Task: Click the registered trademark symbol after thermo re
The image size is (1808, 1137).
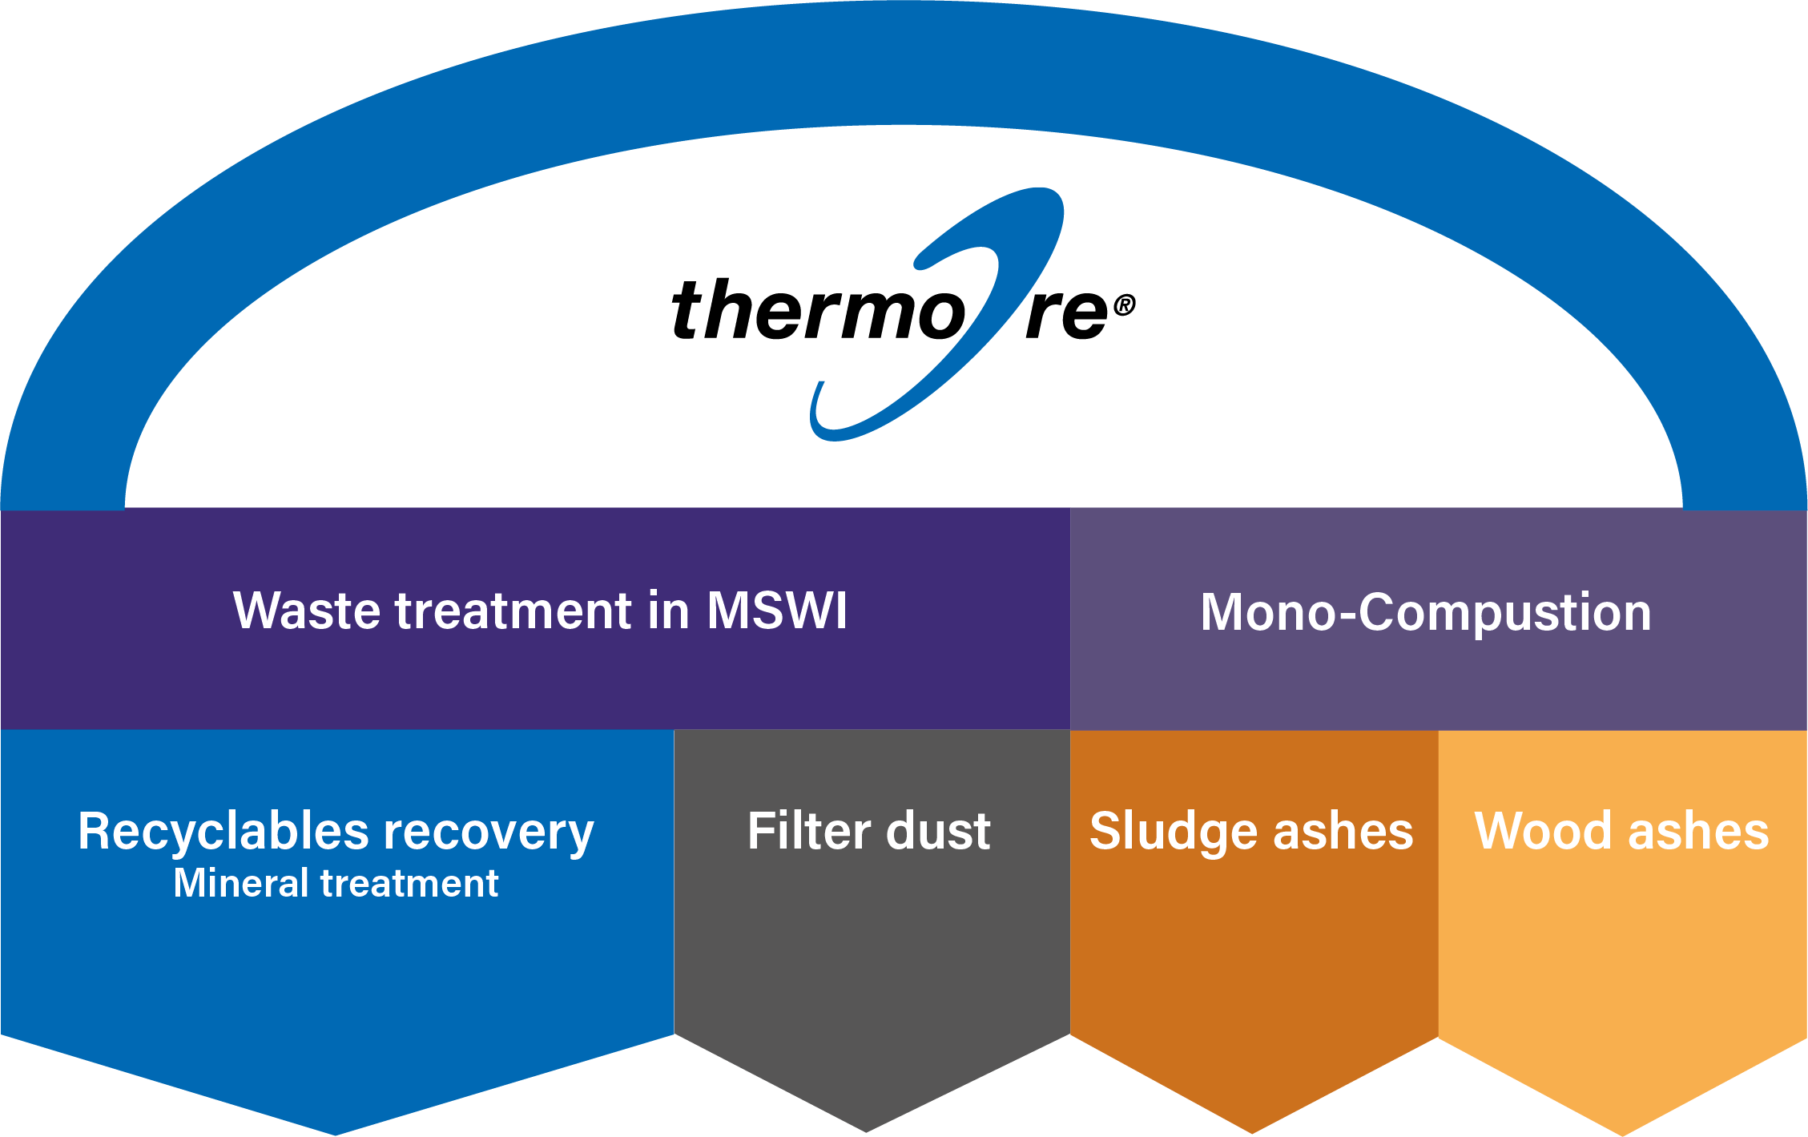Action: (x=1124, y=305)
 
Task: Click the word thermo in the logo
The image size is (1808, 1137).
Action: (x=817, y=311)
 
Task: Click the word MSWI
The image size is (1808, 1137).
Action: (x=776, y=611)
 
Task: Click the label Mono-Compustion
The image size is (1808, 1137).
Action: (x=1426, y=613)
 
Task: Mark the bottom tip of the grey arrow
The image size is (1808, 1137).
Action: (x=867, y=1128)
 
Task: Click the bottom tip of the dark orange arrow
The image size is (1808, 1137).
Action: (x=1253, y=1130)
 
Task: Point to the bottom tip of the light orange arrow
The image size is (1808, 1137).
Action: (x=1623, y=1131)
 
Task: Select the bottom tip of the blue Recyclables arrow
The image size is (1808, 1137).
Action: (x=336, y=1131)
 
